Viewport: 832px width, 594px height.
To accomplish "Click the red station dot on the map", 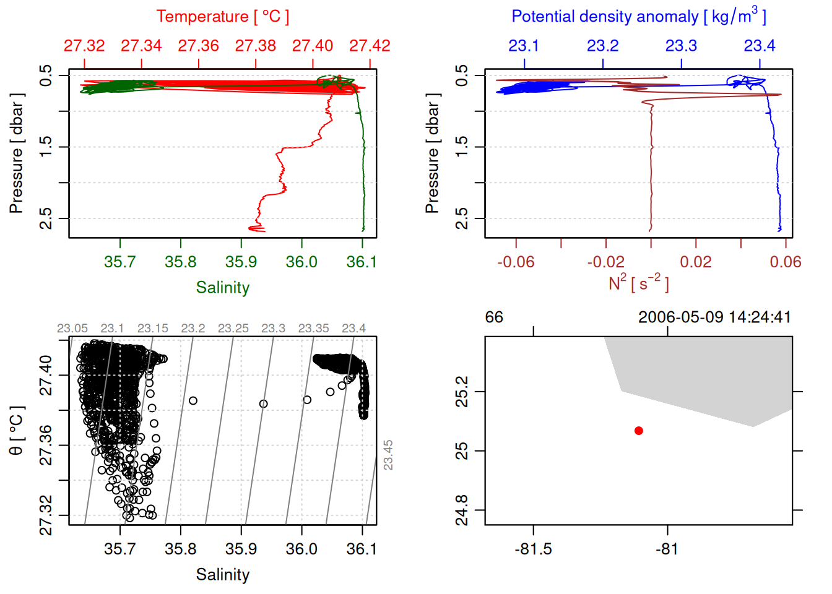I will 638,431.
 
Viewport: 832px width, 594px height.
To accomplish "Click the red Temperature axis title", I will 222,17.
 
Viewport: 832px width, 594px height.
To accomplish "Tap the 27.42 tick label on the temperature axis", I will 370,46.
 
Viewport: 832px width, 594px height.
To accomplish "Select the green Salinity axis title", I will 222,288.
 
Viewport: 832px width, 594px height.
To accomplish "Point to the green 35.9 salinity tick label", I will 241,262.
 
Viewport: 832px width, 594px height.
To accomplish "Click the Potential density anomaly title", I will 638,17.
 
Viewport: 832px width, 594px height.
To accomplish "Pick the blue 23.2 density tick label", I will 602,46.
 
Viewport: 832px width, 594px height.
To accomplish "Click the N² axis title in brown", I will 638,283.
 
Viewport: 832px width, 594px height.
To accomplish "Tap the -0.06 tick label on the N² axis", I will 516,262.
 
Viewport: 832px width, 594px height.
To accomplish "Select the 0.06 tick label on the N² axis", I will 785,262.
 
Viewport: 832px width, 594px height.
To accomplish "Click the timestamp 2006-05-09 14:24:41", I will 714,317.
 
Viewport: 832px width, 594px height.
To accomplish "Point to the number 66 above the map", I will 494,317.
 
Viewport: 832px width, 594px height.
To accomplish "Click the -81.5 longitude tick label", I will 533,549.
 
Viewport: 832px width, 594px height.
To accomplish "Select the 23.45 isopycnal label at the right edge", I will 388,455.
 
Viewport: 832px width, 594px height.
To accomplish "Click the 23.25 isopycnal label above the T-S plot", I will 233,328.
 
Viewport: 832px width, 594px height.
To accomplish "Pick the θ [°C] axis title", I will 17,431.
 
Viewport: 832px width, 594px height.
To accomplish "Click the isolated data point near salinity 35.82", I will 193,401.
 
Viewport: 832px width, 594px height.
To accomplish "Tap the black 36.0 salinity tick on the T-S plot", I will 301,549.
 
